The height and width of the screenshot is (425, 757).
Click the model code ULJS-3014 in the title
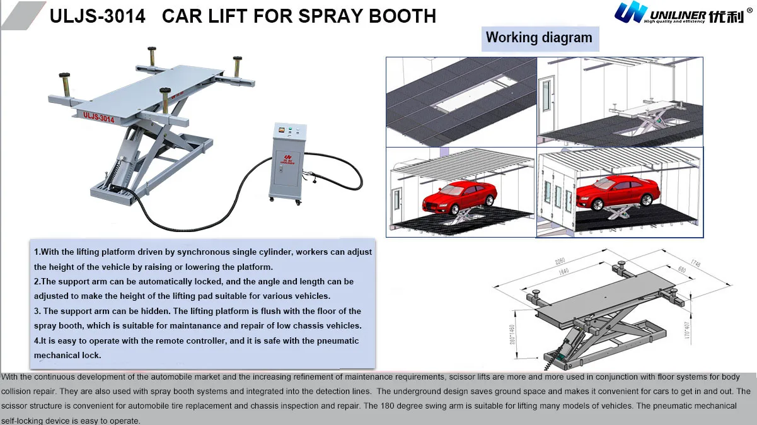(x=97, y=16)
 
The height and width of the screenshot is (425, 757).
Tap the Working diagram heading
(x=539, y=38)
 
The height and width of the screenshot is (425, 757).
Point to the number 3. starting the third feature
(x=38, y=311)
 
